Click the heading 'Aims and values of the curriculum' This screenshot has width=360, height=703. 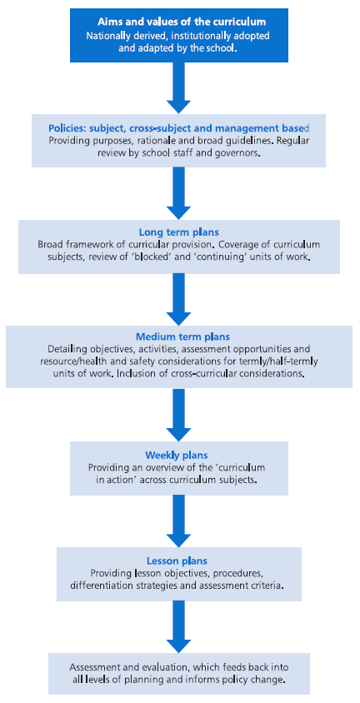179,22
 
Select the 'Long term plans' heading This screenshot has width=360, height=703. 179,232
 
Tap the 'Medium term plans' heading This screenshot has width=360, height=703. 179,337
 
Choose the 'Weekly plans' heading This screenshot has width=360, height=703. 179,455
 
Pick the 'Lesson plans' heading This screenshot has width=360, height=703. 179,561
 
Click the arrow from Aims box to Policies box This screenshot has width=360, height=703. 179,88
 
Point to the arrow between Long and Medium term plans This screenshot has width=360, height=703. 179,299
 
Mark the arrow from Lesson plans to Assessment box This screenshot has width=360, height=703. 179,626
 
